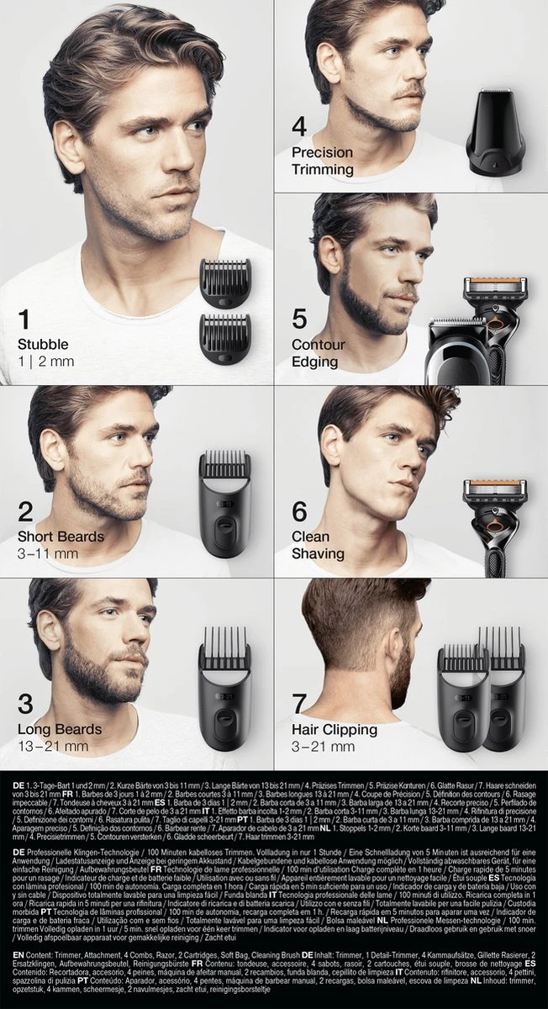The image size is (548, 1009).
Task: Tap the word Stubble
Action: pyautogui.click(x=43, y=345)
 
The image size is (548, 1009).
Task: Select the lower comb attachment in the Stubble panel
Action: pyautogui.click(x=225, y=335)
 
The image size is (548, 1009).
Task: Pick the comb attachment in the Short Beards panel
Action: pyautogui.click(x=224, y=504)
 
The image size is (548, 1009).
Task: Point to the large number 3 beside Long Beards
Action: pyautogui.click(x=26, y=703)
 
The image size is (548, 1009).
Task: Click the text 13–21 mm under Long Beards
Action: pyautogui.click(x=52, y=745)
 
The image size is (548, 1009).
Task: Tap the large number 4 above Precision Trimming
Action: pyautogui.click(x=299, y=128)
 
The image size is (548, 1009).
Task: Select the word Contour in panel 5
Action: pyautogui.click(x=317, y=345)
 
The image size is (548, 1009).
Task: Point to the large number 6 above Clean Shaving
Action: pyautogui.click(x=300, y=511)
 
